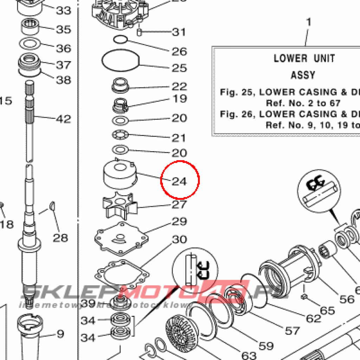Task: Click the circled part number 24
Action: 179,181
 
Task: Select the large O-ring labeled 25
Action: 121,60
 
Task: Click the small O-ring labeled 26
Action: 121,39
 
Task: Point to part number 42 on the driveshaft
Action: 63,119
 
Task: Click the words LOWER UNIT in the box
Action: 304,58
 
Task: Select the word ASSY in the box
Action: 303,75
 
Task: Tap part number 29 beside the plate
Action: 179,222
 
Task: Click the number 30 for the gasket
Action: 179,240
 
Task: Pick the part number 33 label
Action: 64,11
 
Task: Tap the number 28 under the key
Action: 60,238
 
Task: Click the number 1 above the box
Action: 309,22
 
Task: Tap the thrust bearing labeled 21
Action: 121,135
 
